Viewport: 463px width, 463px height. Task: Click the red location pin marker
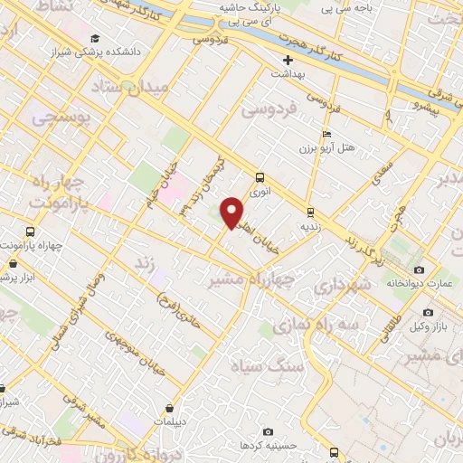coord(233,213)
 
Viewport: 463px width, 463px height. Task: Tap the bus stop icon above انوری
coord(260,178)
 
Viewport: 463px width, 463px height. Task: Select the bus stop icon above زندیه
coord(311,213)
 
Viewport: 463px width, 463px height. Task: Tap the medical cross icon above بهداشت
coord(288,61)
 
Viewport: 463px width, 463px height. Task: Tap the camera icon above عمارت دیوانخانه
coord(418,270)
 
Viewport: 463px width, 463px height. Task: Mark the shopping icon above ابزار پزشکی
coord(13,264)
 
